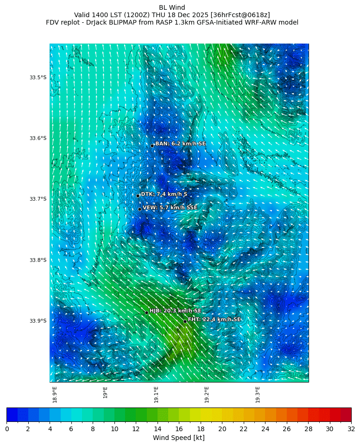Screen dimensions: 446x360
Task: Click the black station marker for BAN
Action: pos(152,146)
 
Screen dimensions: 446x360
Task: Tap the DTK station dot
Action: pos(138,196)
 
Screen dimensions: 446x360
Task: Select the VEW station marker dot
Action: pos(139,209)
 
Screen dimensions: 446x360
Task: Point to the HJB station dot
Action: pos(146,312)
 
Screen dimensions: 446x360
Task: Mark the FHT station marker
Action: pos(185,321)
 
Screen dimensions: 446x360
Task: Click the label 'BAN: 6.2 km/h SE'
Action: pos(180,144)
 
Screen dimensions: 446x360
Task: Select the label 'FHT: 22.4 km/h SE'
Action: pos(214,319)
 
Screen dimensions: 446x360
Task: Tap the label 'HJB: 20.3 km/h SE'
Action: pos(175,311)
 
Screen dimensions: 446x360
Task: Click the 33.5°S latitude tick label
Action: pos(38,77)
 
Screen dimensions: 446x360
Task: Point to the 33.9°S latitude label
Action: pos(38,321)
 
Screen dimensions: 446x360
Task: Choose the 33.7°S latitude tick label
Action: pos(38,199)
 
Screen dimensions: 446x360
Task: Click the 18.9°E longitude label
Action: pos(55,395)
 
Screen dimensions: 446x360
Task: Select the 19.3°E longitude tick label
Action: pos(257,395)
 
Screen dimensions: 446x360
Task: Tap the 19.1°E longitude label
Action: pos(156,395)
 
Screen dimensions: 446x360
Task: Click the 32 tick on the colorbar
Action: pos(351,429)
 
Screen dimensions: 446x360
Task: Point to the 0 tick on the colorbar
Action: pos(7,429)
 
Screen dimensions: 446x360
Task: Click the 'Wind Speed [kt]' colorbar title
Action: pos(179,438)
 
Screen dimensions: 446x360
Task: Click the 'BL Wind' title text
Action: pos(172,7)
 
